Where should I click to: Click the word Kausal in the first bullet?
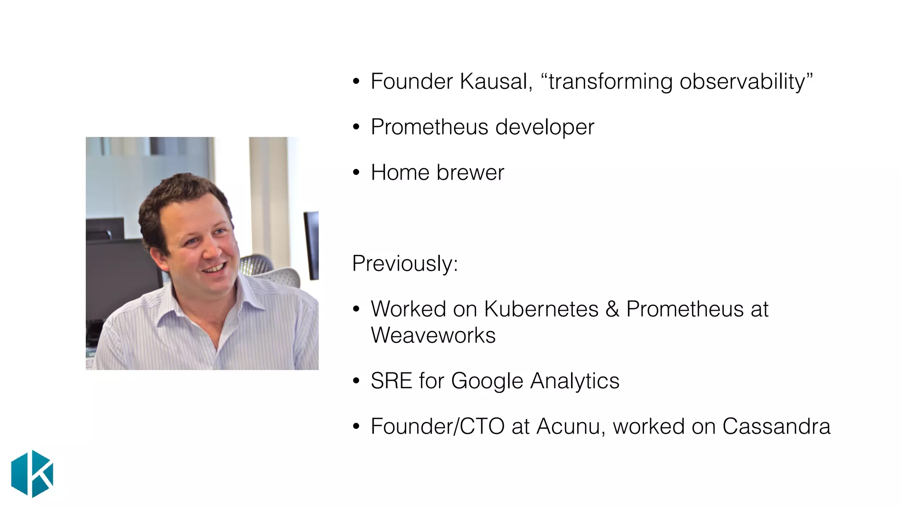[x=495, y=81]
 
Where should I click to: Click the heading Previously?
[x=405, y=264]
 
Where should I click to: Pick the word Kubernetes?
[x=541, y=309]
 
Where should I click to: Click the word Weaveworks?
[x=433, y=335]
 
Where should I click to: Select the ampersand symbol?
[x=612, y=309]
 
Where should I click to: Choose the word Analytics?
[x=575, y=381]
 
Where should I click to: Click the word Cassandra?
[x=776, y=426]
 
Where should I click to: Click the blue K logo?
[x=32, y=474]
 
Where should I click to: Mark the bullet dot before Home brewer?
[x=356, y=173]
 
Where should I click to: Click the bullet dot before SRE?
[x=356, y=381]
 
